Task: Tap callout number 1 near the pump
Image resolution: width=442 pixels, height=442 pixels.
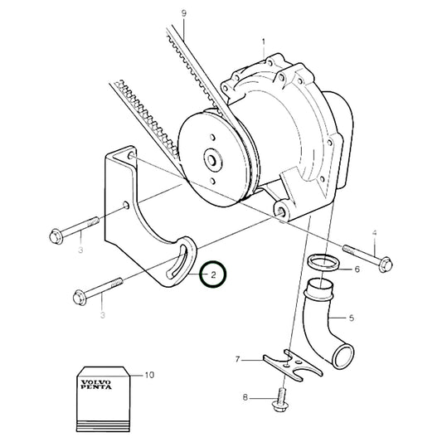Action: (264, 41)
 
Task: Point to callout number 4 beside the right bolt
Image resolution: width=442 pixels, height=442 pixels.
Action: (374, 233)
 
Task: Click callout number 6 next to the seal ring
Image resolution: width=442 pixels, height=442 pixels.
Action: (357, 270)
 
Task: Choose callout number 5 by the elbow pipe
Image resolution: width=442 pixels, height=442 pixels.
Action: (351, 318)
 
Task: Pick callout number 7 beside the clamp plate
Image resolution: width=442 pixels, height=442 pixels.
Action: (238, 359)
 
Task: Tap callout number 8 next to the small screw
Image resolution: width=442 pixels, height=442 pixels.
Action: (245, 399)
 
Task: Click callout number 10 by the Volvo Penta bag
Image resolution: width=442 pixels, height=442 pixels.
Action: (149, 375)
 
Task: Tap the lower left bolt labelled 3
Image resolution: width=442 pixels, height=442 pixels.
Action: (99, 291)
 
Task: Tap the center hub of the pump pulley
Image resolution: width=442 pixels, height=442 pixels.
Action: (211, 158)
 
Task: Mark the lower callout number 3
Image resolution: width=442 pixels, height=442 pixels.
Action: (103, 315)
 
